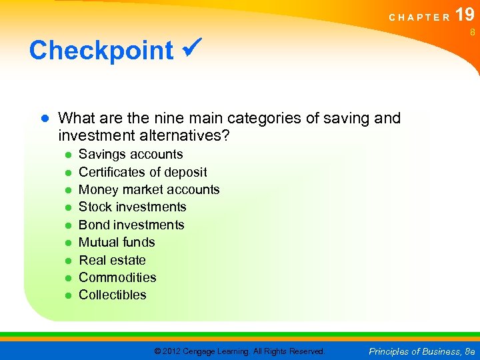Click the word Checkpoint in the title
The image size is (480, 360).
pos(101,50)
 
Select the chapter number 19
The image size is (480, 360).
pos(465,15)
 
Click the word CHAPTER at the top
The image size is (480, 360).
pos(419,17)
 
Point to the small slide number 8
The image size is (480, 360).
pos(471,31)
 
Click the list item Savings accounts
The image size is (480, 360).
pos(131,154)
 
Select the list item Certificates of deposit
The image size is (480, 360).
pos(143,172)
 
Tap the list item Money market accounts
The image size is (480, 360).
pos(149,189)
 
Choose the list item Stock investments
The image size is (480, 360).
pos(133,207)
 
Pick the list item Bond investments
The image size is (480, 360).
pos(131,225)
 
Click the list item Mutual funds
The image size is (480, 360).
pos(117,242)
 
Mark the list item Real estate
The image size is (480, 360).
pos(112,260)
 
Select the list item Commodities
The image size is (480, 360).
pos(117,277)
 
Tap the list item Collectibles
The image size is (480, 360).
pos(113,295)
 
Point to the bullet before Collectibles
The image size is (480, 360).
pos(68,295)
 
